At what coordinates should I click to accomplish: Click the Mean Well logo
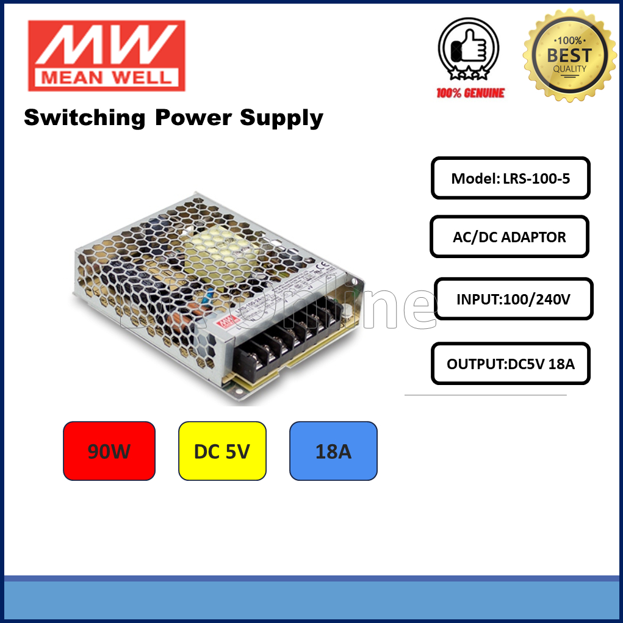click(106, 55)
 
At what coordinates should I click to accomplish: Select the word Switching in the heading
click(84, 117)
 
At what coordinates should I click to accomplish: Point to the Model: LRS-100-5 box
click(511, 178)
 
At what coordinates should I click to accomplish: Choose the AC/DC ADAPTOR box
click(510, 237)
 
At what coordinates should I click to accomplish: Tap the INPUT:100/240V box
click(513, 299)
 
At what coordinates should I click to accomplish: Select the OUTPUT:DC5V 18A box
click(511, 364)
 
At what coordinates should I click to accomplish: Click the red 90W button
click(109, 451)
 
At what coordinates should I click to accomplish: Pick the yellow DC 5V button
click(222, 451)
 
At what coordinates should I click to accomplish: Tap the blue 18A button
click(333, 451)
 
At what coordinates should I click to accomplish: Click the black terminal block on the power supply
click(287, 339)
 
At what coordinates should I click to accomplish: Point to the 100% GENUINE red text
click(470, 93)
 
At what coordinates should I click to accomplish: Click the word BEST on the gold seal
click(569, 56)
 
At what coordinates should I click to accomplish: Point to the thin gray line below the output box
click(485, 395)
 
